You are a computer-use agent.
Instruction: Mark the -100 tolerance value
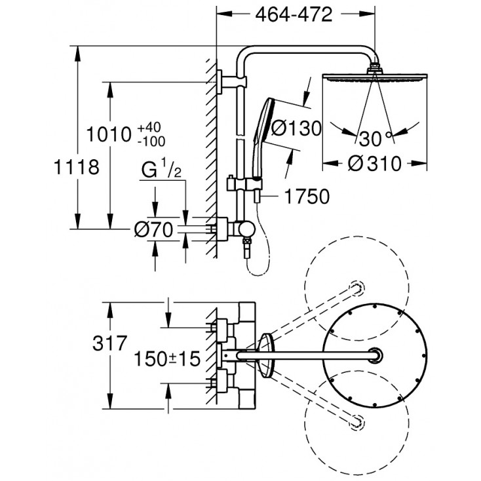[x=151, y=141]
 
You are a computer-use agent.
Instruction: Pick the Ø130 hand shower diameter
[x=296, y=128]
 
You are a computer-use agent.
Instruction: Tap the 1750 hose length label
[x=304, y=196]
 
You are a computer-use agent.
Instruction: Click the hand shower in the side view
[x=268, y=119]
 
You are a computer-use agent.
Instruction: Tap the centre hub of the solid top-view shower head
[x=375, y=355]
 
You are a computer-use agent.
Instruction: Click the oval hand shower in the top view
[x=267, y=355]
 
